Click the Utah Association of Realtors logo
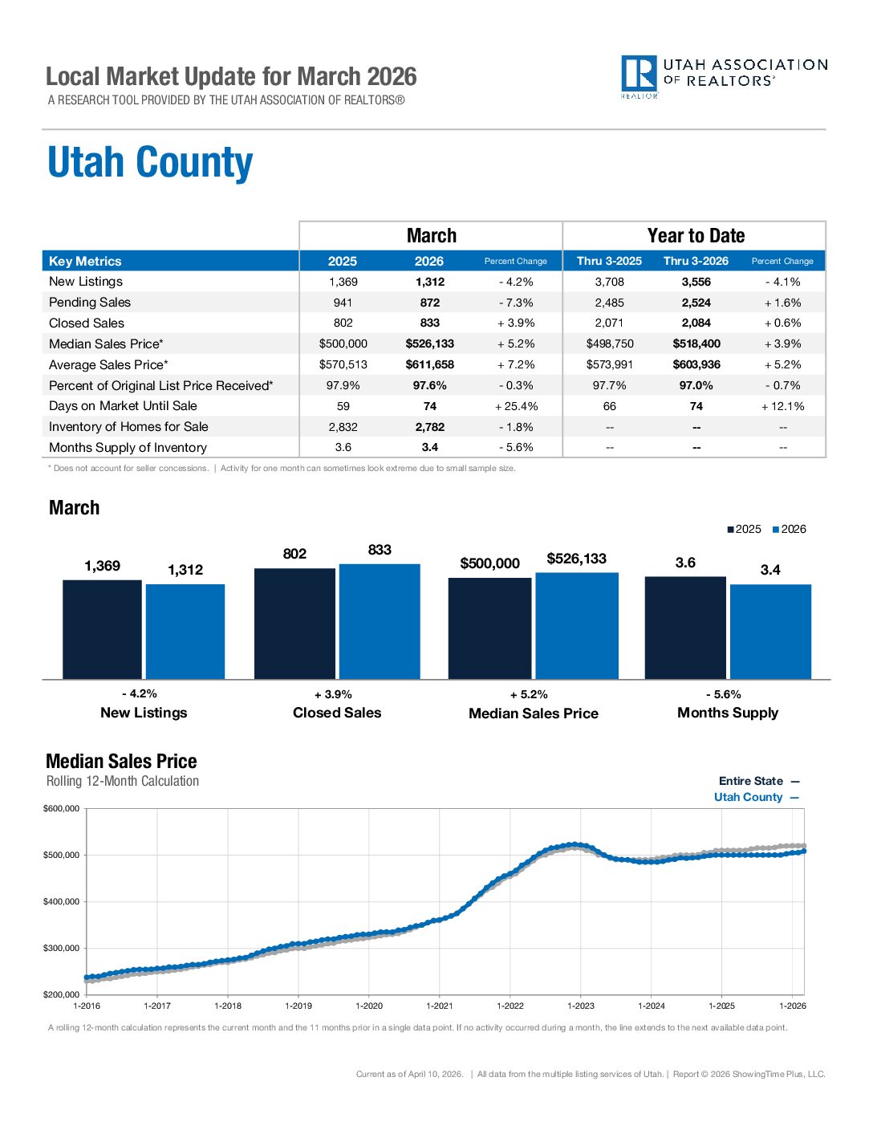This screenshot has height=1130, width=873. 723,76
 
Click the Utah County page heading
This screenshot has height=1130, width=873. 150,163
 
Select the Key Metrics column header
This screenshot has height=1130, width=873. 85,261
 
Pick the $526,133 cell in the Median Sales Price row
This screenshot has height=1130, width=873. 429,343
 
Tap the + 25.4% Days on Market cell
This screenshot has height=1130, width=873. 516,406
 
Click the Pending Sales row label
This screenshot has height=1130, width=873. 89,303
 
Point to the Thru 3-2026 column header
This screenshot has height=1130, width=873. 696,261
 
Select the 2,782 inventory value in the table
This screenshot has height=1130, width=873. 429,427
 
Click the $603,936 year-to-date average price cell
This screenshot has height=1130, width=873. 696,364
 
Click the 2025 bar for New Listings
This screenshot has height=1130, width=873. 102,629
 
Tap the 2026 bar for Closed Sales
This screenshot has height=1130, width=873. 380,621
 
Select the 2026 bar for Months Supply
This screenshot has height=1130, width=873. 770,632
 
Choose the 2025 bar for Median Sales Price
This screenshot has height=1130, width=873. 489,628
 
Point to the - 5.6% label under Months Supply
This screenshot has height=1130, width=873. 723,694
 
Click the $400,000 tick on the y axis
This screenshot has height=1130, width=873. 61,901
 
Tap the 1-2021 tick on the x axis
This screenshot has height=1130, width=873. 440,1006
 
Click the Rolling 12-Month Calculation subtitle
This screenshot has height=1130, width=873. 123,781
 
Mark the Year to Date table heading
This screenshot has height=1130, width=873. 696,236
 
